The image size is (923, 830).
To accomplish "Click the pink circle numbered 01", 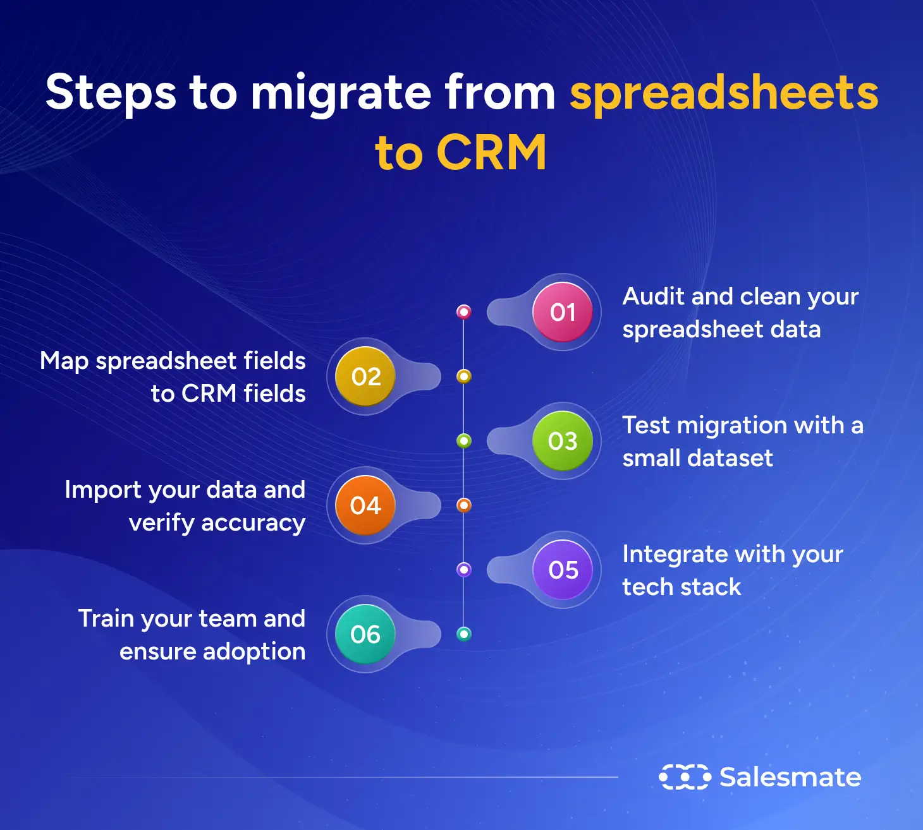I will pyautogui.click(x=562, y=312).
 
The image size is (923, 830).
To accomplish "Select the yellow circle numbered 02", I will pyautogui.click(x=365, y=376).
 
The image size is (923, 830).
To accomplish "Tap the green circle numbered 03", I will pyautogui.click(x=562, y=441).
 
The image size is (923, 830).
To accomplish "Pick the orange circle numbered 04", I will pyautogui.click(x=365, y=505).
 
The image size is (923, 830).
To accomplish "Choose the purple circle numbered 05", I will pyautogui.click(x=562, y=570).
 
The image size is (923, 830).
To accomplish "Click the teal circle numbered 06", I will pyautogui.click(x=365, y=634).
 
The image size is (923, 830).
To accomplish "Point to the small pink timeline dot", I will pyautogui.click(x=464, y=311).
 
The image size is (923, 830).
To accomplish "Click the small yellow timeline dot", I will pyautogui.click(x=464, y=376).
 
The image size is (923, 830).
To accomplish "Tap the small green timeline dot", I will pyautogui.click(x=464, y=441).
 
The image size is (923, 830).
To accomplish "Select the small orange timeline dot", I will pyautogui.click(x=464, y=505).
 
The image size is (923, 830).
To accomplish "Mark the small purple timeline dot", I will pyautogui.click(x=464, y=570).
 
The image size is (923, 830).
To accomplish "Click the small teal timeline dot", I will pyautogui.click(x=464, y=634).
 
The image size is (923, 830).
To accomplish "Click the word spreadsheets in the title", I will pyautogui.click(x=724, y=93).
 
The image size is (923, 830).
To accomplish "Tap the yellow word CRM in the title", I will pyautogui.click(x=491, y=153).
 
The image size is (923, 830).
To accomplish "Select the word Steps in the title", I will pyautogui.click(x=111, y=93).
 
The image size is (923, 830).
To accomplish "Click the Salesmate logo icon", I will pyautogui.click(x=685, y=777).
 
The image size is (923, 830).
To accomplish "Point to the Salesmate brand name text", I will pyautogui.click(x=790, y=777).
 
